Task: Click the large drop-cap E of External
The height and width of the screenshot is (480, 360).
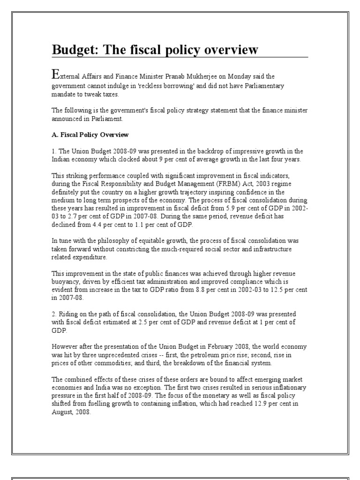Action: click(55, 74)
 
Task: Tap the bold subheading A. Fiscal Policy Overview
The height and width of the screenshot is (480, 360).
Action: click(89, 135)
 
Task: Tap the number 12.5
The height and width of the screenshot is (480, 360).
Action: click(277, 290)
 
